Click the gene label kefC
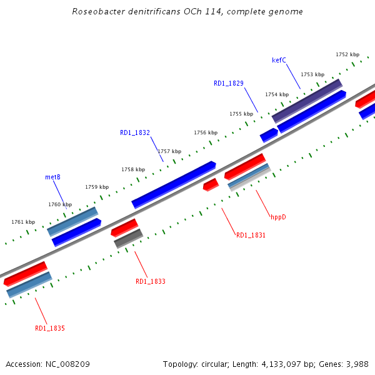click(279, 61)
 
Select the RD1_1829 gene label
click(228, 83)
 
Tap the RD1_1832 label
click(135, 132)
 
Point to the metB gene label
click(52, 177)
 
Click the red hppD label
click(278, 217)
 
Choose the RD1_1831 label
click(251, 235)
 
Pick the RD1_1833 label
click(151, 281)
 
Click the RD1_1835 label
click(50, 328)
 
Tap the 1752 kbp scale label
click(347, 54)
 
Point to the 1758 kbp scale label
click(133, 169)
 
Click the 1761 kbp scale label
click(23, 222)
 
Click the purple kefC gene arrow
click(307, 101)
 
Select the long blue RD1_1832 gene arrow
click(174, 184)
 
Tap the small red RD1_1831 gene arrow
click(211, 184)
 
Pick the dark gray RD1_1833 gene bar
click(129, 238)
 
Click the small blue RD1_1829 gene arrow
click(269, 134)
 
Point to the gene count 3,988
click(356, 364)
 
